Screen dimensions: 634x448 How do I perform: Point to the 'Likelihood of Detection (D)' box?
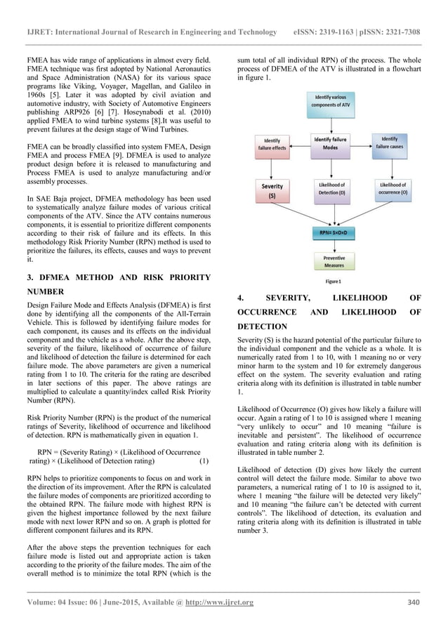tap(331, 188)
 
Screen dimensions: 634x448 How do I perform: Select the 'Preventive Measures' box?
tap(331, 262)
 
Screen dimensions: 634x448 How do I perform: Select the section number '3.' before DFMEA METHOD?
tap(31, 276)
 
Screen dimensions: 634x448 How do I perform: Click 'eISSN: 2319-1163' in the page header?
tap(330, 32)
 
